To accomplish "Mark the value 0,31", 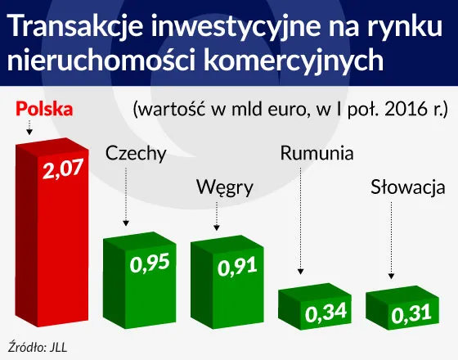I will pos(411,313).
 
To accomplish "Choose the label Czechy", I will pos(136,153).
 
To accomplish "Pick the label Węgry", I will pos(225,187).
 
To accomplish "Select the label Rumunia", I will pos(317,153).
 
